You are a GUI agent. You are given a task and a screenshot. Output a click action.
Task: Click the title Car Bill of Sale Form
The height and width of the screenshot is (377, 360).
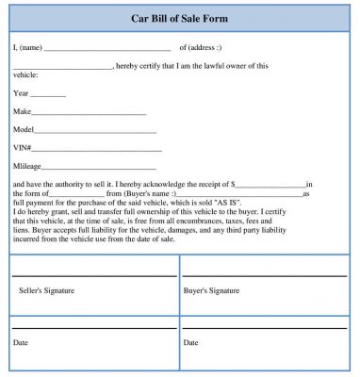pyautogui.click(x=180, y=19)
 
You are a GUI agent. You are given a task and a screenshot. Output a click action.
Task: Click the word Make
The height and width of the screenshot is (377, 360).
pyautogui.click(x=22, y=111)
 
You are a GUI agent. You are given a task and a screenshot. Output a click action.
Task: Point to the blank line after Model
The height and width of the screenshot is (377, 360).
pyautogui.click(x=90, y=131)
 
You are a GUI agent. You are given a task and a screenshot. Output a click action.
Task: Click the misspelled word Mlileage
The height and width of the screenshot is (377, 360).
pyautogui.click(x=28, y=165)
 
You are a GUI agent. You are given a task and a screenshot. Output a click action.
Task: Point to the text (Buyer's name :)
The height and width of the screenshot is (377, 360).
pyautogui.click(x=152, y=193)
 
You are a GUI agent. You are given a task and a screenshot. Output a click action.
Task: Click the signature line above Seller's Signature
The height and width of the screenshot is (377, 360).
pyautogui.click(x=93, y=275)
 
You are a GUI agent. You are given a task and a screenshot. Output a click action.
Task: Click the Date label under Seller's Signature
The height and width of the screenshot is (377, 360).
pyautogui.click(x=21, y=342)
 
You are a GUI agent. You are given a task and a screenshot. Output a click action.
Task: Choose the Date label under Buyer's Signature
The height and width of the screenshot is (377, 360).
pyautogui.click(x=190, y=342)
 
